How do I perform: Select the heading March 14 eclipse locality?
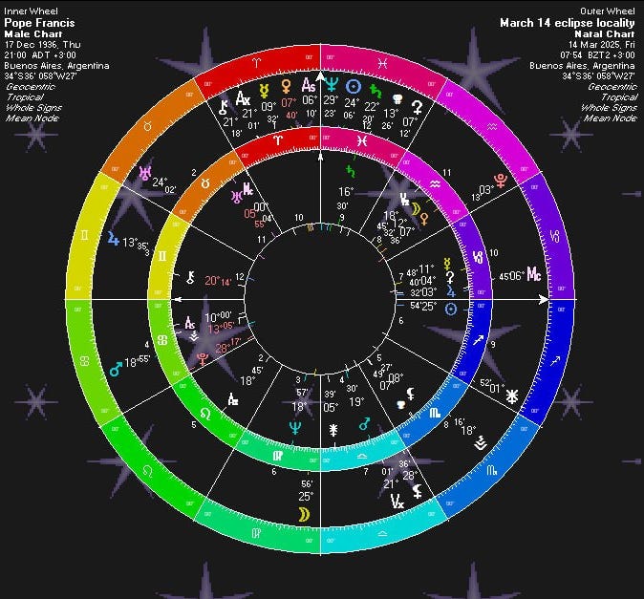570,22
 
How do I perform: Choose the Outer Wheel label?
616,11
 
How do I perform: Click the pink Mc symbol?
535,275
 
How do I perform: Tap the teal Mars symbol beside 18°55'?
115,366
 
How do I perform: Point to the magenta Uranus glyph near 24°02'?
145,174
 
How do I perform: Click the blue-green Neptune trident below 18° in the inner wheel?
296,429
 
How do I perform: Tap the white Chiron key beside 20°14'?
192,279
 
